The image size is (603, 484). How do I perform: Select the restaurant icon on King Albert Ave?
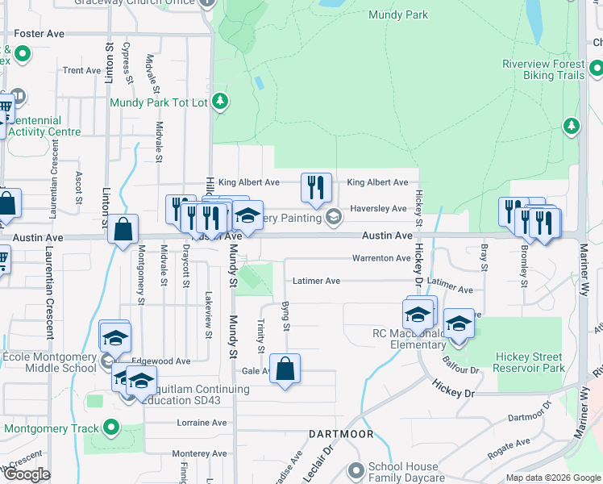[x=316, y=187]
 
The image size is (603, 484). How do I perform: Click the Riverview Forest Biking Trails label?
[x=543, y=69]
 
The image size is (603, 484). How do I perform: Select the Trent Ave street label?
[x=81, y=70]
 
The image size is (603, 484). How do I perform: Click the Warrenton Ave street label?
[x=381, y=258]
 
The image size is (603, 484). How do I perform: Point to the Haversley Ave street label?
[x=378, y=208]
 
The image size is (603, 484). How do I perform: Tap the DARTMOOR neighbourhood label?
[x=341, y=434]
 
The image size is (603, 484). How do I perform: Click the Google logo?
[x=27, y=474]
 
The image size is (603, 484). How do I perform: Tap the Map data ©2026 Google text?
[x=552, y=478]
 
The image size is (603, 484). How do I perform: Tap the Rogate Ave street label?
[x=512, y=443]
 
